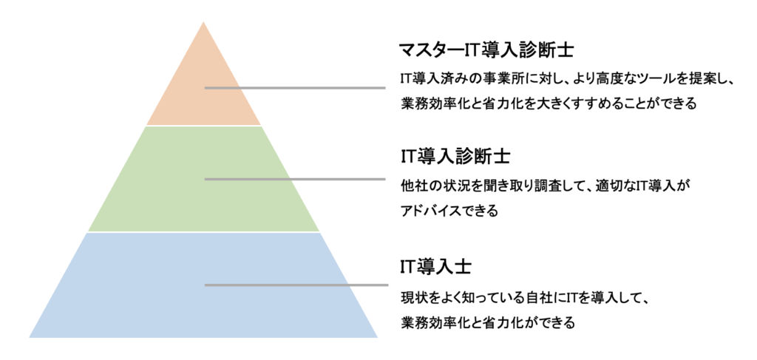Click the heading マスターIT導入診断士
click(488, 50)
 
